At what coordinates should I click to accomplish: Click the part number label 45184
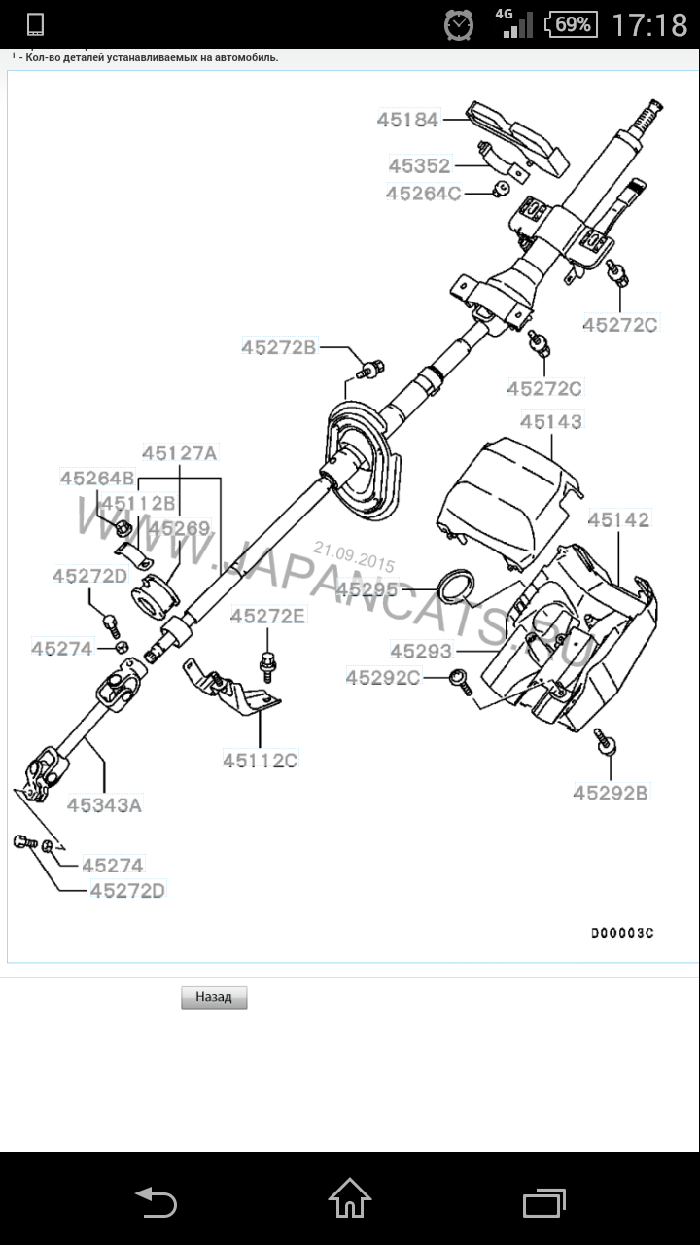[408, 121]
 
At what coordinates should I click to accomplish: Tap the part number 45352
[420, 166]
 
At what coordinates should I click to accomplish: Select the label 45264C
[423, 194]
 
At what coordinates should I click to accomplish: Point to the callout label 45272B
[279, 346]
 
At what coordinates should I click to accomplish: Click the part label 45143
[551, 422]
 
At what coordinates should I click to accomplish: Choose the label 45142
[618, 520]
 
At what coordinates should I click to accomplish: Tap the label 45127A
[181, 452]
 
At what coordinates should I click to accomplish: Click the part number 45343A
[104, 804]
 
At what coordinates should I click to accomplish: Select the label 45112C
[260, 761]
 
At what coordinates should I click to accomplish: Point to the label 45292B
[610, 793]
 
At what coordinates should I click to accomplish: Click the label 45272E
[267, 616]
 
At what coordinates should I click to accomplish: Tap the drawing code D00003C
[622, 933]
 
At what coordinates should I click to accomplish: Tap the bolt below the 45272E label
[266, 663]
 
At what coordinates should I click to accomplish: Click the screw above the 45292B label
[608, 744]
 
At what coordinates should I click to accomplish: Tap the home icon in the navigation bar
[350, 1198]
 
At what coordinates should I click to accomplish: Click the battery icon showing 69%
[571, 23]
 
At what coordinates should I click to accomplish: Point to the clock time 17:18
[648, 24]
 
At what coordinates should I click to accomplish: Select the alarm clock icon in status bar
[459, 23]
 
